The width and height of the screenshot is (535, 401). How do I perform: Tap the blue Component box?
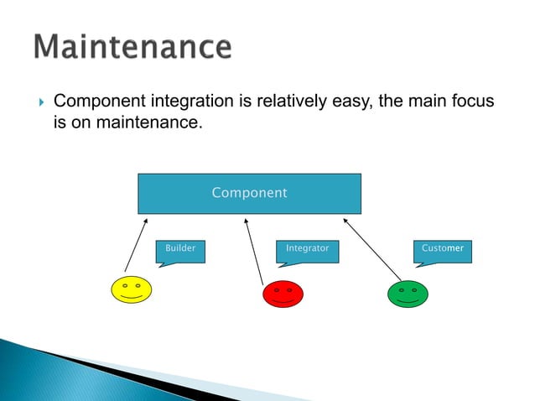pyautogui.click(x=249, y=193)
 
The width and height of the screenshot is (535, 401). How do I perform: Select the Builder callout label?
pyautogui.click(x=180, y=249)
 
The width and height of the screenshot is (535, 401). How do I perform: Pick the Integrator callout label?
pyautogui.click(x=307, y=249)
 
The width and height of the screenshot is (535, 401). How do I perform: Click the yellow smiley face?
pyautogui.click(x=132, y=289)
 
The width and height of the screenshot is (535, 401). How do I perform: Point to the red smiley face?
pyautogui.click(x=283, y=294)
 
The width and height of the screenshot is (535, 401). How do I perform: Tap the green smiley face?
pyautogui.click(x=408, y=294)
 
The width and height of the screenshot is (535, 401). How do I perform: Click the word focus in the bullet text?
pyautogui.click(x=471, y=103)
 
